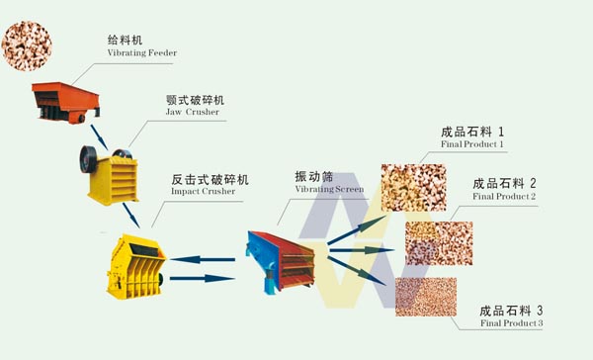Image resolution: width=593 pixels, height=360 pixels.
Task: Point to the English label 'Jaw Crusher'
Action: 194,112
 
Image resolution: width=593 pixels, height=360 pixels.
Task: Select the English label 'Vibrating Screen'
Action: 329,188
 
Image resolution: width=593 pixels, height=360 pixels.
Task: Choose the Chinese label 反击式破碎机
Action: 210,179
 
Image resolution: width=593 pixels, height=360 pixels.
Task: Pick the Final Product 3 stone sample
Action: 425,297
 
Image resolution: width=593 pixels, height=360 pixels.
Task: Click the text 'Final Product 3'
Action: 511,323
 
